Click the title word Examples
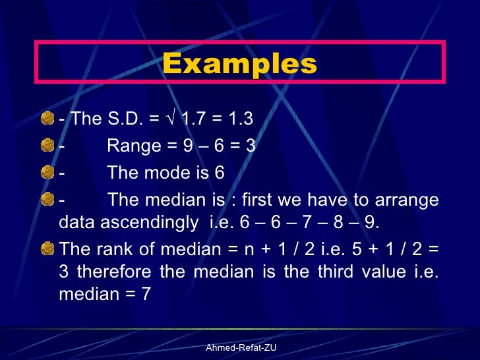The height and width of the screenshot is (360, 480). coord(239,65)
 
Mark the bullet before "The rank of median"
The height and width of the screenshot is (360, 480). coord(47,248)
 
